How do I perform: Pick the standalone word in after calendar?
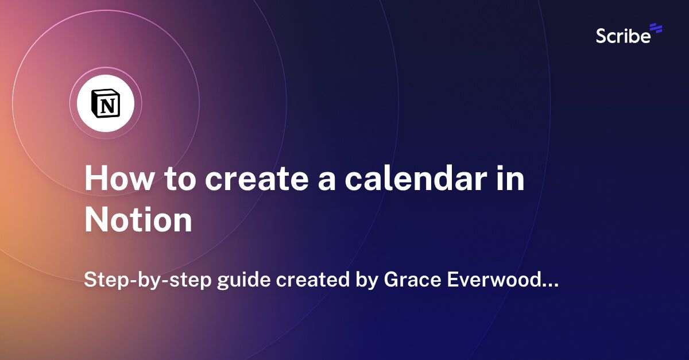click(512, 179)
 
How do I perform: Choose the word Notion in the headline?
click(138, 220)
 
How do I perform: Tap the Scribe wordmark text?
click(623, 36)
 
